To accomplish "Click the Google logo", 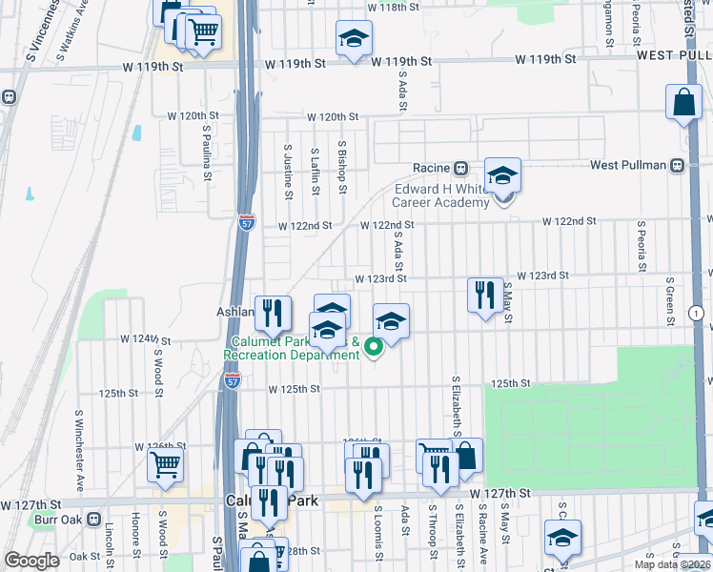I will point(31,561).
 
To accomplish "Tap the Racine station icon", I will point(459,168).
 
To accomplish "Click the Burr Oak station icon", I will point(93,520).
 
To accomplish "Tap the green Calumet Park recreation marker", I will point(375,349).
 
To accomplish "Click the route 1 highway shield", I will point(697,313).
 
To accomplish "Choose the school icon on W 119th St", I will point(354,39).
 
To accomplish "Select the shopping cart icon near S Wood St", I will point(166,465).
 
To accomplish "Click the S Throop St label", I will point(432,532).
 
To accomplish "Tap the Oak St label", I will point(85,556).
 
